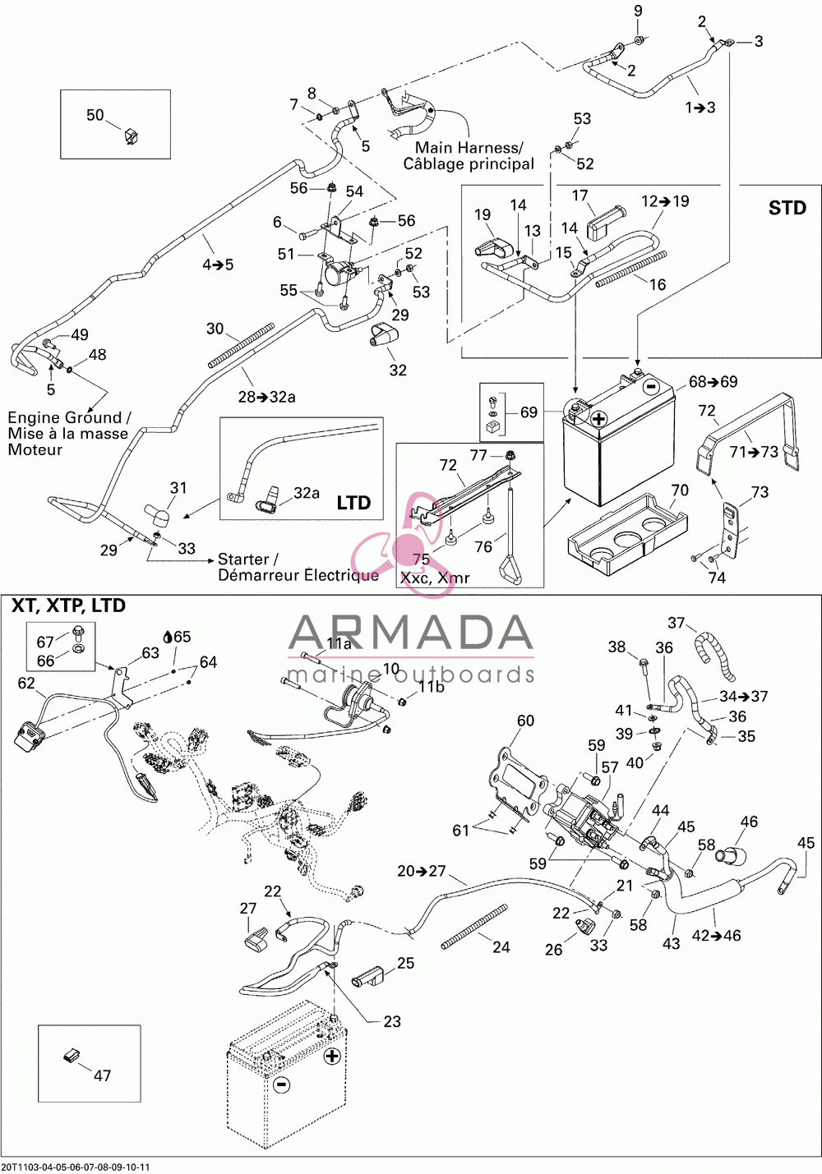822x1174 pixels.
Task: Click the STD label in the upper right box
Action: click(787, 208)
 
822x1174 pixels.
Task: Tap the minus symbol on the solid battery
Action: click(650, 387)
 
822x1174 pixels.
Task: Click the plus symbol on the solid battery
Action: click(598, 419)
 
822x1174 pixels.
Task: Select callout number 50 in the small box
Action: click(95, 115)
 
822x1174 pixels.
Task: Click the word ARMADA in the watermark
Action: click(410, 633)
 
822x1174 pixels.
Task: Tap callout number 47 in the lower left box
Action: click(102, 1075)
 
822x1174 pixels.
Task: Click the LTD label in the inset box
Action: click(353, 503)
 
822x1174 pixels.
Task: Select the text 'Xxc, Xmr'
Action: click(435, 578)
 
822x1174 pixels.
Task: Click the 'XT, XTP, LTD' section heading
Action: click(69, 605)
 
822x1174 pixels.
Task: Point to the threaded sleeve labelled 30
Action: click(242, 345)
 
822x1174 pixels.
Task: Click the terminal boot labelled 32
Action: click(384, 336)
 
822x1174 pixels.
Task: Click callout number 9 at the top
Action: click(638, 11)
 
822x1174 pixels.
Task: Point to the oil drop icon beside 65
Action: click(168, 637)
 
